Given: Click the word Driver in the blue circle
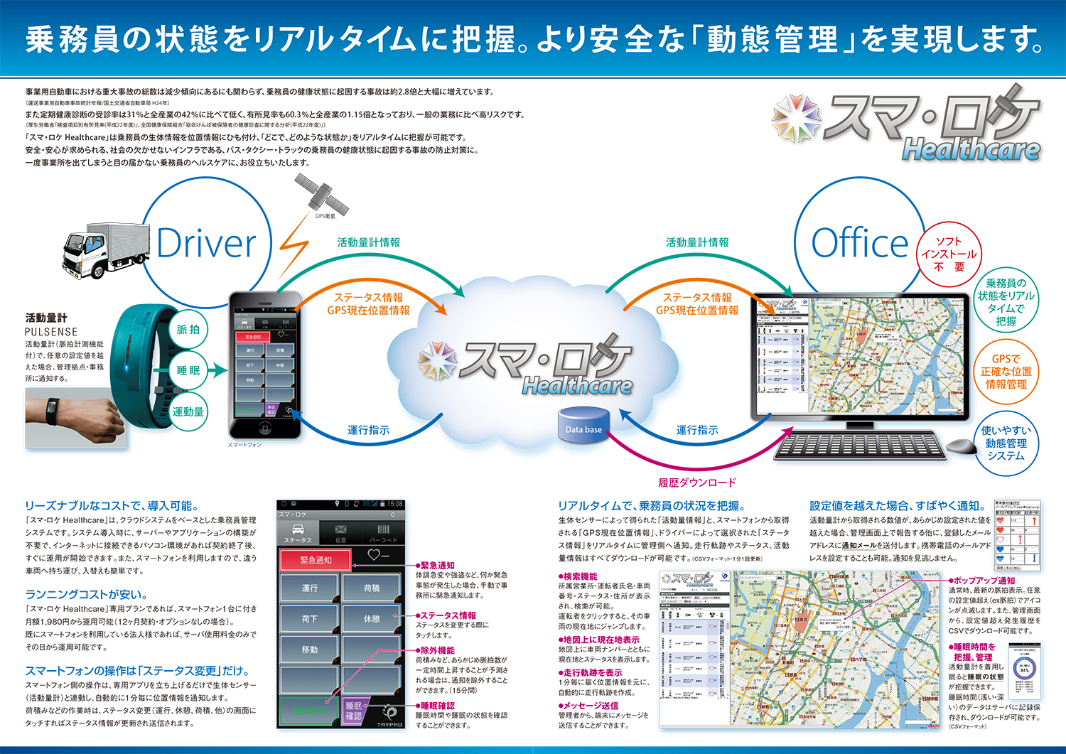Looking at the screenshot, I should pyautogui.click(x=206, y=244).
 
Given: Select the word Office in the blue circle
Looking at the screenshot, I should pyautogui.click(x=859, y=244).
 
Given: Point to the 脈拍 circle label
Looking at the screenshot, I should pyautogui.click(x=188, y=329).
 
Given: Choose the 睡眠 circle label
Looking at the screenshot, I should pyautogui.click(x=188, y=370).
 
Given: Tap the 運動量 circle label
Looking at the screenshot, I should pyautogui.click(x=188, y=411).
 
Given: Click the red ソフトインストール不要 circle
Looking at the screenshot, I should pyautogui.click(x=949, y=254).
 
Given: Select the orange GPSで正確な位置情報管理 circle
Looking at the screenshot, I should pyautogui.click(x=1006, y=371).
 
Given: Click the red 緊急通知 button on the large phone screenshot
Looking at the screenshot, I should pyautogui.click(x=316, y=560).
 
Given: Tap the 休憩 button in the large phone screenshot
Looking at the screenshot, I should pyautogui.click(x=372, y=619).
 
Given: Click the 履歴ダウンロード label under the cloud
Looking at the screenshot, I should pyautogui.click(x=696, y=483).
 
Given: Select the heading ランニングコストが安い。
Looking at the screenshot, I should pyautogui.click(x=87, y=594).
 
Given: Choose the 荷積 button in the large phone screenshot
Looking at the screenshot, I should pyautogui.click(x=372, y=588).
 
